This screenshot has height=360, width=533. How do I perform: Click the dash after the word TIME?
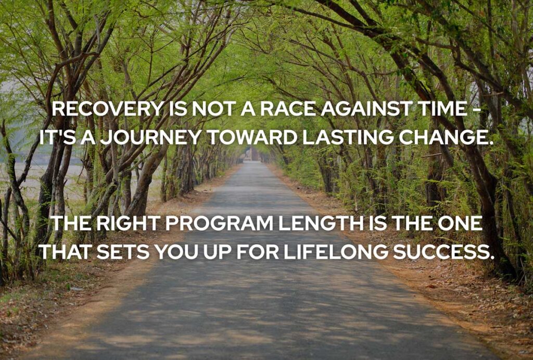point(478,111)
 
